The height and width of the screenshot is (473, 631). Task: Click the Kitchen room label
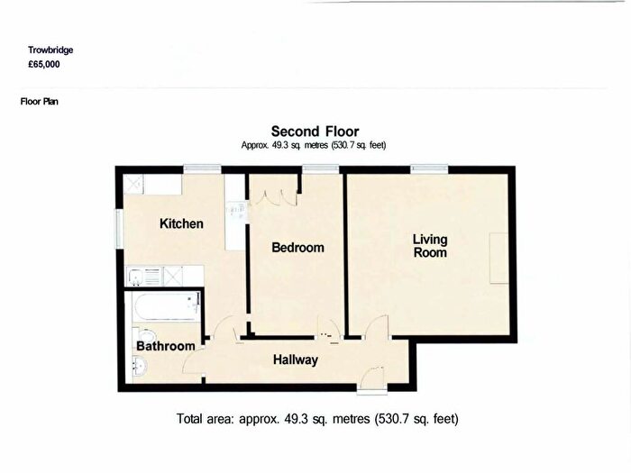point(181,223)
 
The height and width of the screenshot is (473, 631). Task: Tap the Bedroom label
point(297,248)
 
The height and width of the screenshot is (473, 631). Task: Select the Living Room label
point(430,246)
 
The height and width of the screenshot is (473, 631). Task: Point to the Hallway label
point(296,359)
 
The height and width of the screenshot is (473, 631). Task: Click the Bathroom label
point(165,346)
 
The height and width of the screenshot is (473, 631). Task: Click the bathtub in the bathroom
point(167,307)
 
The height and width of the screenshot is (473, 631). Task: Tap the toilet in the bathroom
point(145,335)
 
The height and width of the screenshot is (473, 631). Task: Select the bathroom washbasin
point(140,366)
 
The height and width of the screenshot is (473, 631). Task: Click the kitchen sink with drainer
point(144,277)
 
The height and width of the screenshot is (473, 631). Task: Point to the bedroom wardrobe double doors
point(273,199)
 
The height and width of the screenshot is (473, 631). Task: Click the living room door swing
point(377,327)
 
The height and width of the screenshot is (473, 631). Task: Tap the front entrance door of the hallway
point(372,377)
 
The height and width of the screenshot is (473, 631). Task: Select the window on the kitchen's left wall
point(119,229)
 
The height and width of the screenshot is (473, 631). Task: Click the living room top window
point(429,169)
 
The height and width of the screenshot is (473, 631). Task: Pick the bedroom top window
point(321,169)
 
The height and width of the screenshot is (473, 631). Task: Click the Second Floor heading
point(315,132)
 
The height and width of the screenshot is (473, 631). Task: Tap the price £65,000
point(44,64)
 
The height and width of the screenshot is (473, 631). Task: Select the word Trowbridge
point(50,50)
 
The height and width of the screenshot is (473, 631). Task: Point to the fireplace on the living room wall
point(499,259)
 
